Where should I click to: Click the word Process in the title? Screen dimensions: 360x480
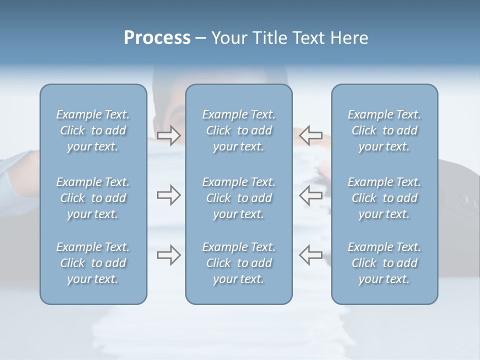point(157,38)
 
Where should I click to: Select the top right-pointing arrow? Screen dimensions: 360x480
point(168,134)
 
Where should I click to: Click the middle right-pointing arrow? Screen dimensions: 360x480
point(168,195)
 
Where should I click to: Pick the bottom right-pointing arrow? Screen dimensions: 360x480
point(168,254)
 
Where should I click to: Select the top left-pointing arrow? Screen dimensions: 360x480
point(310,134)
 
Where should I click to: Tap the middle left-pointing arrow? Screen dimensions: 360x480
point(310,195)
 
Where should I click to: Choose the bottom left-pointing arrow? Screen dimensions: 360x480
point(310,254)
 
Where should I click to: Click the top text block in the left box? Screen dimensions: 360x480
point(93,130)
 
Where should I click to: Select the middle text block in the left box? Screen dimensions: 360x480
point(93,198)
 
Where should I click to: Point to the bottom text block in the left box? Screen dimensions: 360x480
point(93,263)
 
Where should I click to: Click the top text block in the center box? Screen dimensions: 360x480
point(239,130)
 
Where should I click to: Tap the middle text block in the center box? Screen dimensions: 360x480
point(239,198)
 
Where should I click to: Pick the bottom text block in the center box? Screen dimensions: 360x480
point(239,263)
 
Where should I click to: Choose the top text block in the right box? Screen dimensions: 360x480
point(384,130)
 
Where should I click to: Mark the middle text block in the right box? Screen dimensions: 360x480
point(384,198)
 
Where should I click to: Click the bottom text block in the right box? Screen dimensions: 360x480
point(384,263)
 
